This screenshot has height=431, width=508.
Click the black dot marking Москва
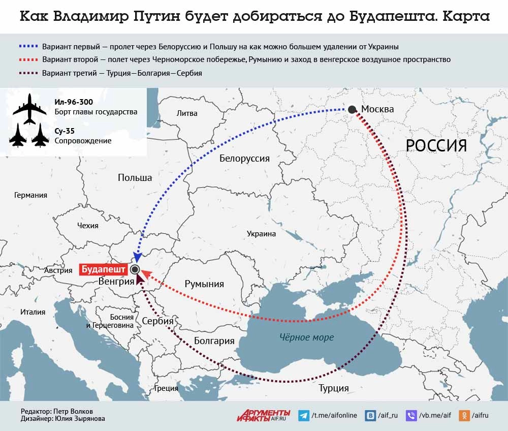coord(352,109)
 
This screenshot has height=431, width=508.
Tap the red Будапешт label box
coord(104,269)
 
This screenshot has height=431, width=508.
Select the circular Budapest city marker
coord(135,269)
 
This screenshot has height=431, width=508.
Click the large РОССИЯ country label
coord(436,146)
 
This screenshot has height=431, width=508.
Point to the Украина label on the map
coord(261,234)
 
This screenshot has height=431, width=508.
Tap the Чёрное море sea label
coord(306,337)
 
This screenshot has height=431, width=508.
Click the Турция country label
coord(333,388)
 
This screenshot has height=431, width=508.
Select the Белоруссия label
coord(244,158)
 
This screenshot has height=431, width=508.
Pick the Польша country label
coord(135,177)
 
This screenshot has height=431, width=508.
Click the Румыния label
coord(204,284)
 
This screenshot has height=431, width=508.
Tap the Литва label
coord(187,113)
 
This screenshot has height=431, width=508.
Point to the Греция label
coord(166,388)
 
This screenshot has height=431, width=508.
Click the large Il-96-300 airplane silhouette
coord(29,108)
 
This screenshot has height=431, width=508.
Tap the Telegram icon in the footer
coord(304,415)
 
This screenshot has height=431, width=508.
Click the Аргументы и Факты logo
coord(263,415)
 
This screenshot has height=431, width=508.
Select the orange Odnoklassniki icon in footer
coord(464,415)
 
